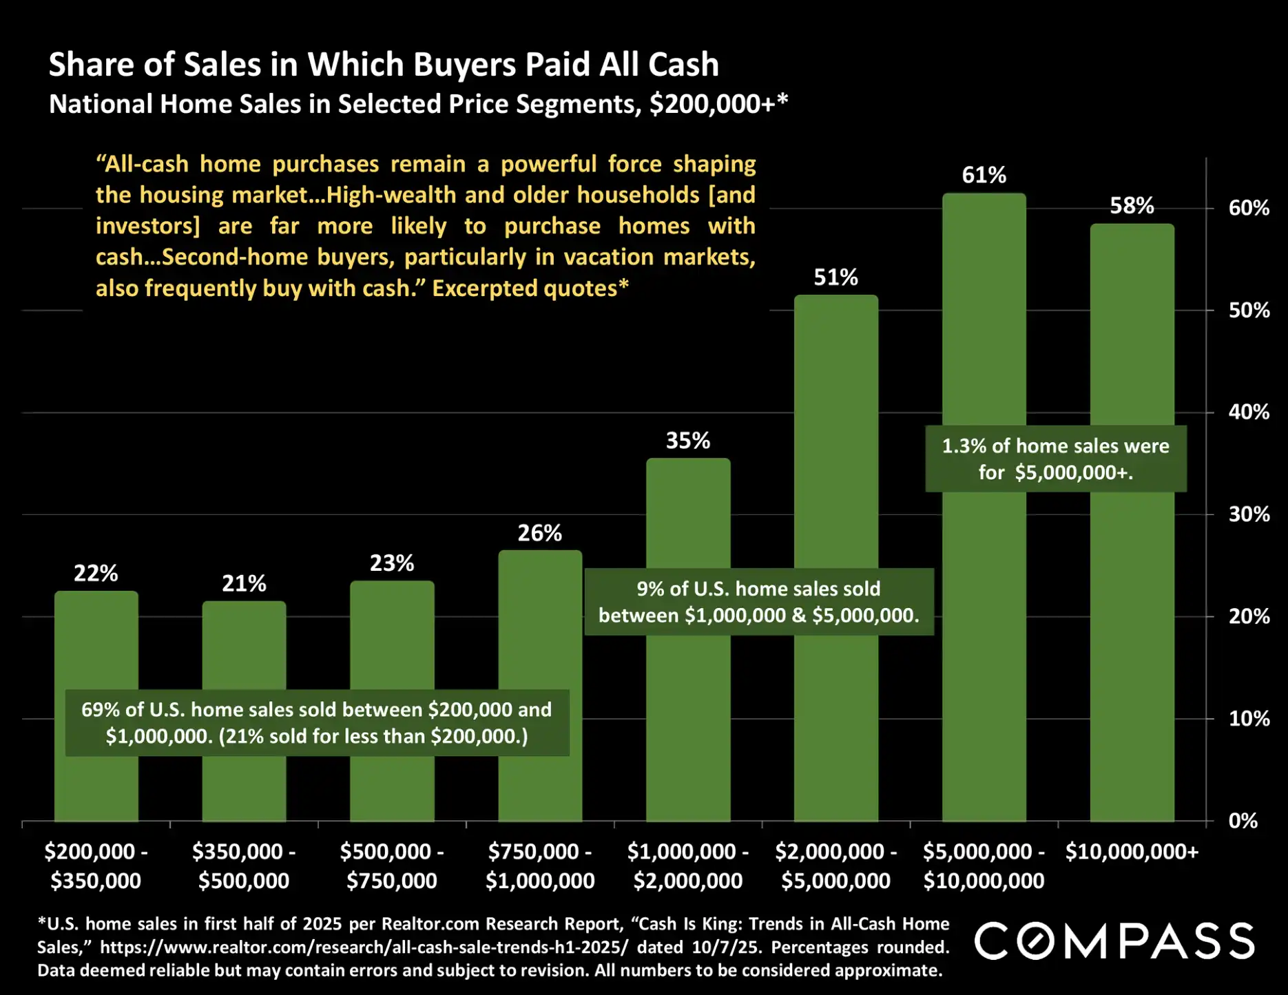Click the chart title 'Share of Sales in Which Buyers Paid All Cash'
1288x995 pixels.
[384, 65]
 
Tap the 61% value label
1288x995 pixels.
[984, 176]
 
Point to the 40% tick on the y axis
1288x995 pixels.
[1248, 412]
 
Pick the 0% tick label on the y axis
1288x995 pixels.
[1243, 821]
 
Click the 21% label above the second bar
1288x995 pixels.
[244, 584]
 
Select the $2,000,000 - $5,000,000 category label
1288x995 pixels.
[835, 866]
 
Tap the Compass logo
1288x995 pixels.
[1114, 941]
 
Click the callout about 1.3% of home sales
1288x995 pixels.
[1055, 459]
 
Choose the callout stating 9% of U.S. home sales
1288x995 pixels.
[758, 602]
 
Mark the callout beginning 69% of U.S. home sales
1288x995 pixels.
[317, 722]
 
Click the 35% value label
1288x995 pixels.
[687, 441]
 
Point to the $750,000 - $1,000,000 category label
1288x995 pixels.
[540, 866]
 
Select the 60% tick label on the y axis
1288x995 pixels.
[1248, 208]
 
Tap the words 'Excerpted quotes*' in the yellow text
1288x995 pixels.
[530, 288]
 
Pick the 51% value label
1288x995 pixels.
[835, 277]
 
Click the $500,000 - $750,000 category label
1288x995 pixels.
[392, 866]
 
